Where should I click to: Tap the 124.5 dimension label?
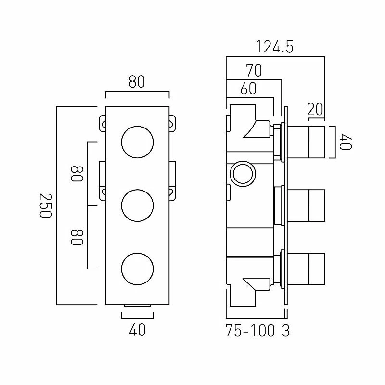275,48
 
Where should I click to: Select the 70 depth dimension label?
253,71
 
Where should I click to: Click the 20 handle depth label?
315,109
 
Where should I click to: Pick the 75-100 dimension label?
250,332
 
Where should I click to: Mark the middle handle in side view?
308,205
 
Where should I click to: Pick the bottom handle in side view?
308,269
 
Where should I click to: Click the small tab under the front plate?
137,306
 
